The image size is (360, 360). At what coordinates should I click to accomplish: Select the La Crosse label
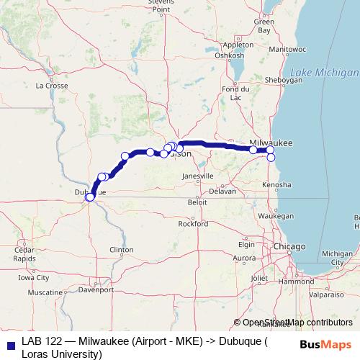coord(52,85)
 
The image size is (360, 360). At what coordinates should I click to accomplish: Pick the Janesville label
coord(197,176)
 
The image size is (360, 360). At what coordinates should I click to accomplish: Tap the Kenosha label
coord(277,185)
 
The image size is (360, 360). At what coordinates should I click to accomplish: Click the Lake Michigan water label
coord(323,73)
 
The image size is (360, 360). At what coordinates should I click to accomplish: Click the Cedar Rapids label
coord(24,254)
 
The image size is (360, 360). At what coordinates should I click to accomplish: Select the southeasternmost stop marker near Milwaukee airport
coord(271,157)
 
